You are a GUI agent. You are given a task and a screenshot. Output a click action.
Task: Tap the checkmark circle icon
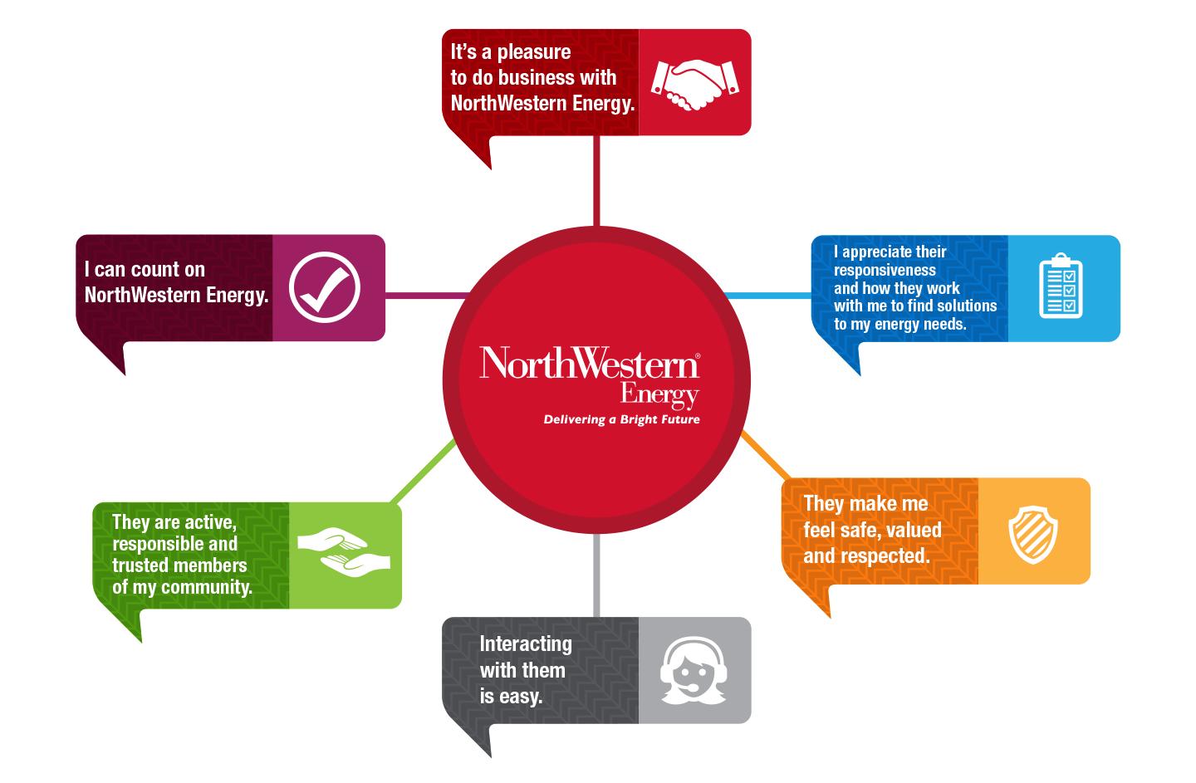pos(325,286)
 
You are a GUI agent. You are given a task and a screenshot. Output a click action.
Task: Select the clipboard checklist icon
pos(1061,287)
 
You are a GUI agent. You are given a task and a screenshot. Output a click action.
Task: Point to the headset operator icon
pos(694,669)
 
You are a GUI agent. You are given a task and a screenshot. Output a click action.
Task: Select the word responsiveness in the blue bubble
pos(885,270)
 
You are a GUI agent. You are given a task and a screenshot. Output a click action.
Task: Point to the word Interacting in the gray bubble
pos(526,644)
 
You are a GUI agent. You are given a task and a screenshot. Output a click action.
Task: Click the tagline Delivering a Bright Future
pos(621,419)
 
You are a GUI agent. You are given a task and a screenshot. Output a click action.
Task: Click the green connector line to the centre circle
pos(422,471)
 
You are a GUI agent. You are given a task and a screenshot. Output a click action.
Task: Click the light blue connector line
pos(768,295)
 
